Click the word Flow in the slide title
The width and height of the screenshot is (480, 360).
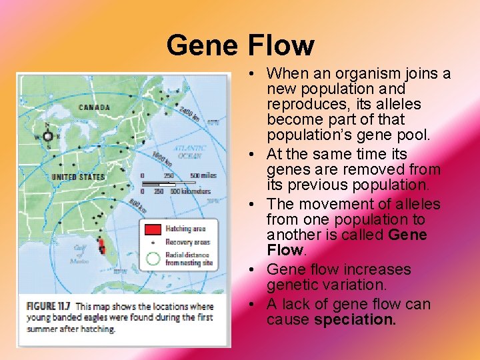(281, 45)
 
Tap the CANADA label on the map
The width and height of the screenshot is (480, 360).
(94, 107)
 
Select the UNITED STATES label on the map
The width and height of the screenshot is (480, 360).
(78, 177)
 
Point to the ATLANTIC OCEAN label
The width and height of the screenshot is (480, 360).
(189, 151)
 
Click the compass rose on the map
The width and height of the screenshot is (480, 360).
(48, 136)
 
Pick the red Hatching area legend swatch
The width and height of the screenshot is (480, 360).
(153, 230)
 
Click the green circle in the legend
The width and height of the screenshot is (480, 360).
(153, 258)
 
